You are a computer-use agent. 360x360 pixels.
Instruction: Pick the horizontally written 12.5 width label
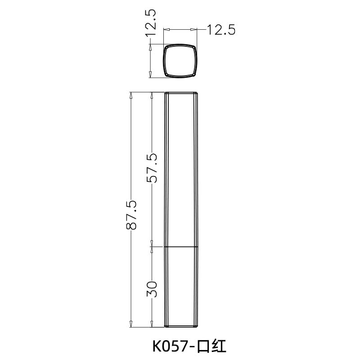[221, 30]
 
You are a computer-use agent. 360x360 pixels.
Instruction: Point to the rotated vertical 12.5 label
[151, 22]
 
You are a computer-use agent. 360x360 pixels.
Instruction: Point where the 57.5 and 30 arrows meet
[152, 247]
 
